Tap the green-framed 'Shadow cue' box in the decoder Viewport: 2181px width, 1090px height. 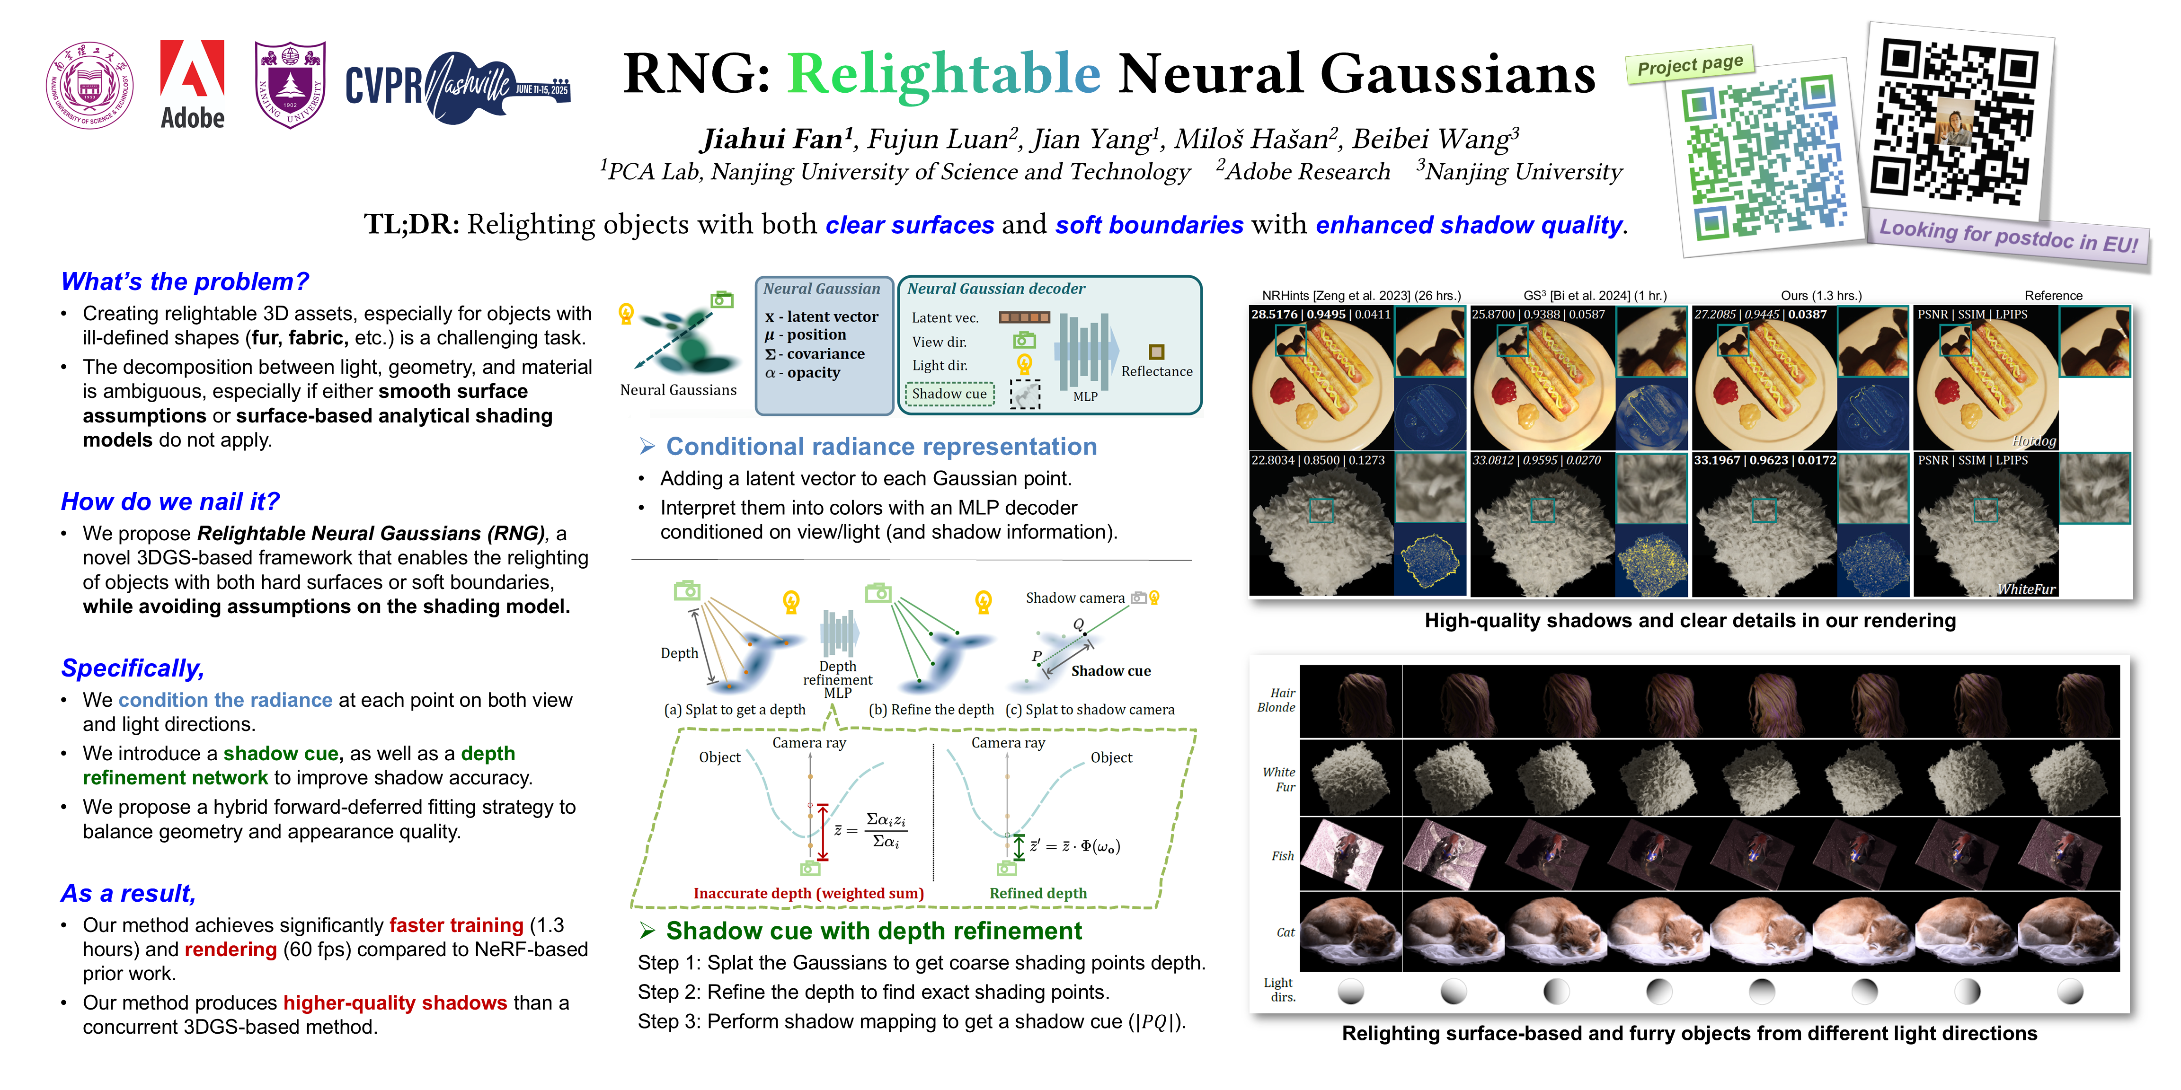[949, 394]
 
